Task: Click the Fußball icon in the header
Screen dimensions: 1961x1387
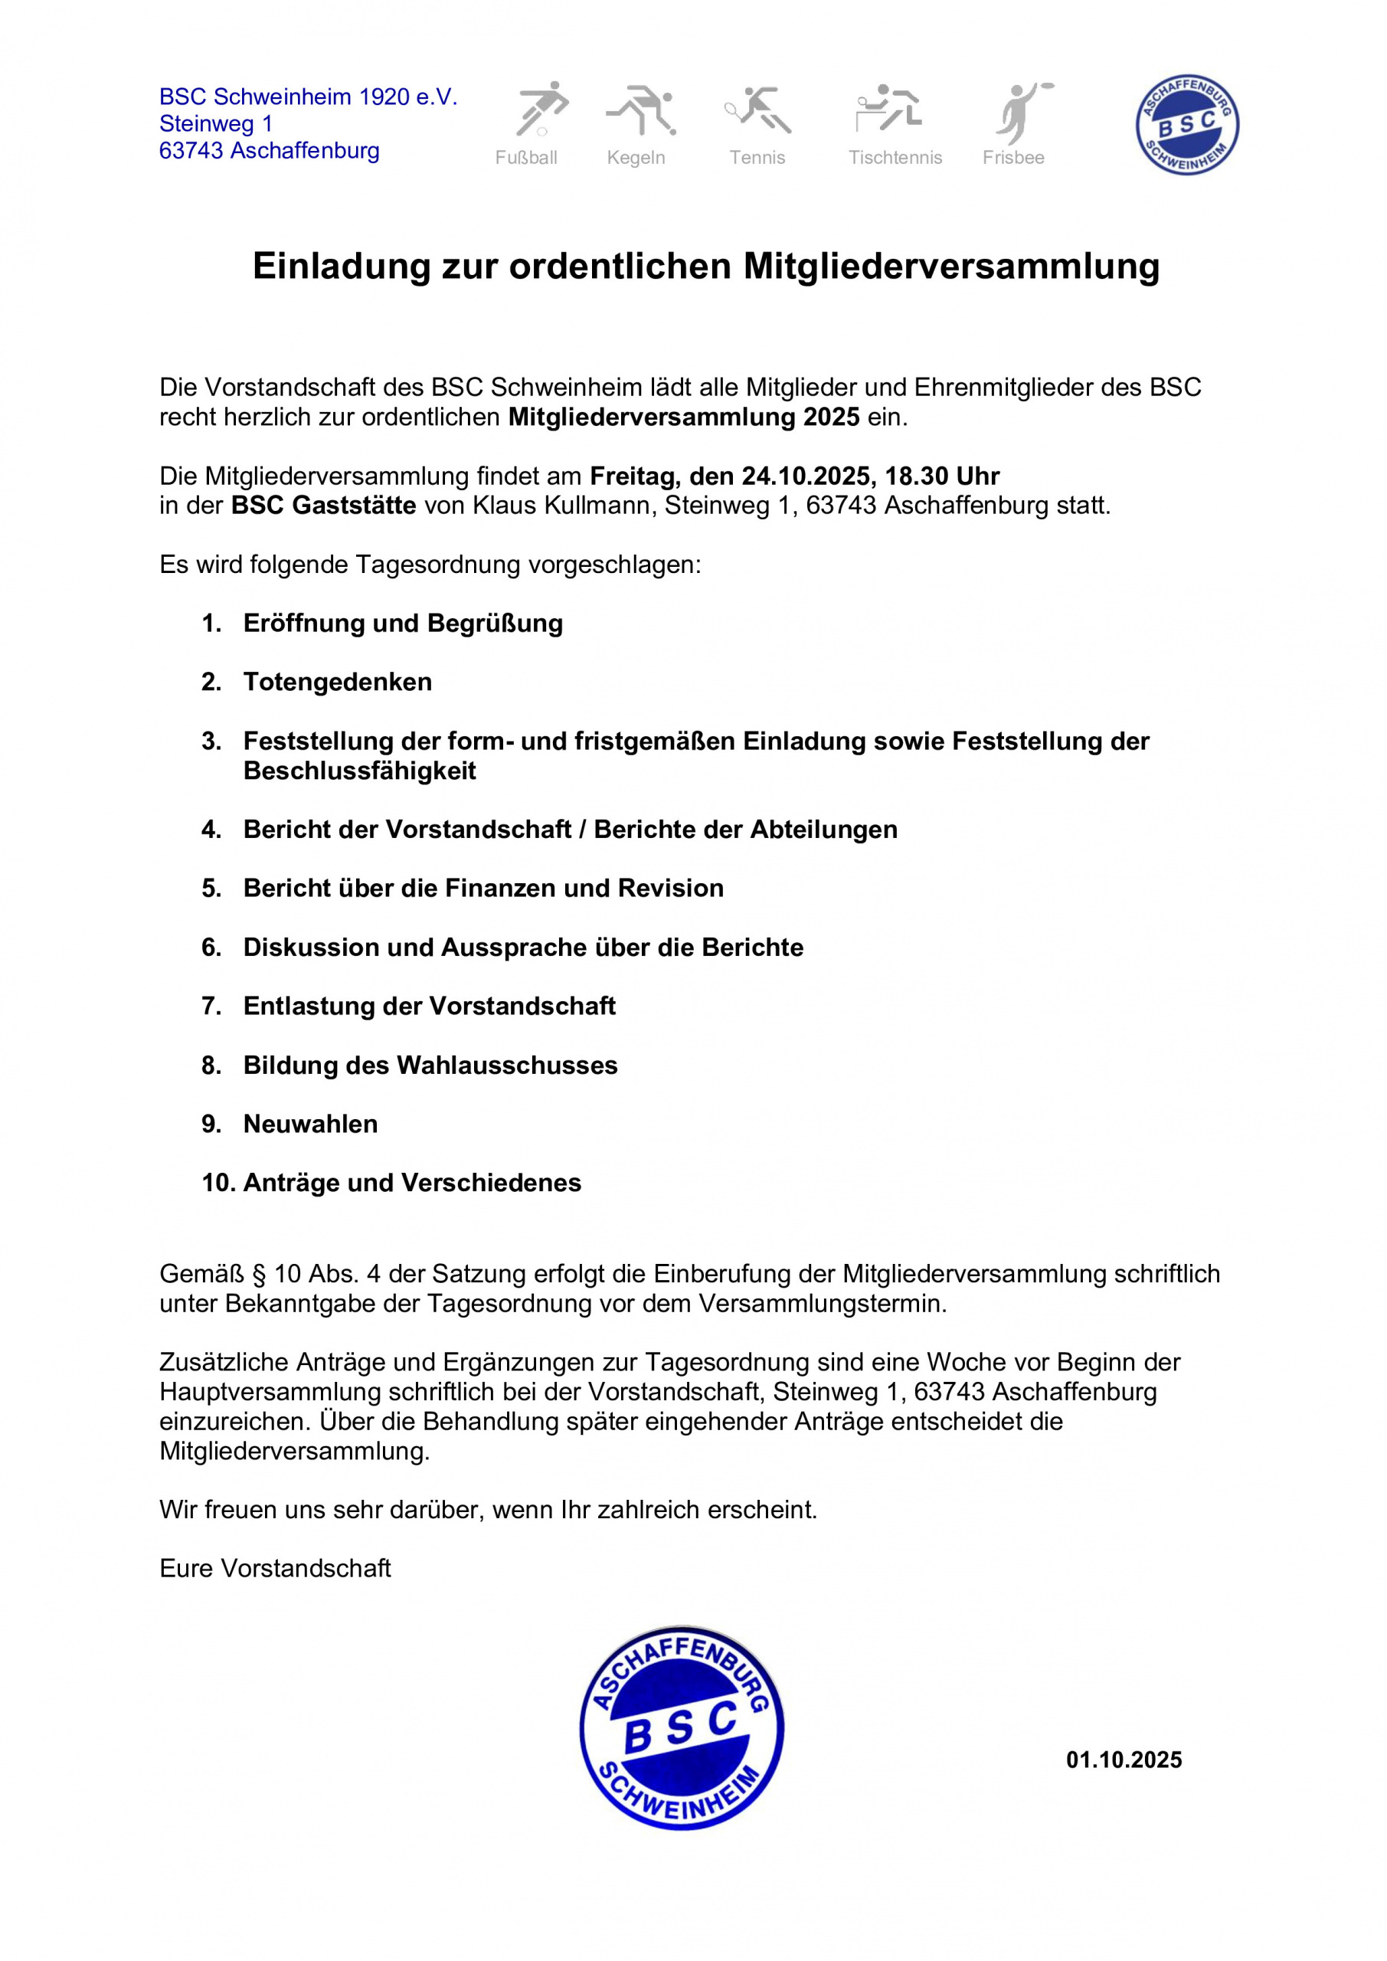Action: pyautogui.click(x=541, y=110)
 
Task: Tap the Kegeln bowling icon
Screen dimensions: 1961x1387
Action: pyautogui.click(x=641, y=110)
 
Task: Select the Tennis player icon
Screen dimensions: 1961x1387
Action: pyautogui.click(x=758, y=110)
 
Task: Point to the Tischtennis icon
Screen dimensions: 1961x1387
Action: pyautogui.click(x=888, y=109)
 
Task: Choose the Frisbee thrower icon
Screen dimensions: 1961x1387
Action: pyautogui.click(x=1022, y=112)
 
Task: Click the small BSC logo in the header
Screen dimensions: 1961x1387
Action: pyautogui.click(x=1186, y=125)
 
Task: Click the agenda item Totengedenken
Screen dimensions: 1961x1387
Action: pyautogui.click(x=337, y=682)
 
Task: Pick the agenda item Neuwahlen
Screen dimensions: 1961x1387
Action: pyautogui.click(x=310, y=1124)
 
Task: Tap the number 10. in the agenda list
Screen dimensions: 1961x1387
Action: pyautogui.click(x=218, y=1183)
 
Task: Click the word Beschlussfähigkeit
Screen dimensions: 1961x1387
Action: pyautogui.click(x=359, y=771)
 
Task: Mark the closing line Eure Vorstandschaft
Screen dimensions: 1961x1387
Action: pyautogui.click(x=275, y=1568)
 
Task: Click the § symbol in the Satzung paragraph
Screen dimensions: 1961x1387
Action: pyautogui.click(x=259, y=1275)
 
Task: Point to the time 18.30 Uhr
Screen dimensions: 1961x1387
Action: pyautogui.click(x=942, y=476)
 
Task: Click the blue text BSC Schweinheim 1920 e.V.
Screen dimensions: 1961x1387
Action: pyautogui.click(x=309, y=97)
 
